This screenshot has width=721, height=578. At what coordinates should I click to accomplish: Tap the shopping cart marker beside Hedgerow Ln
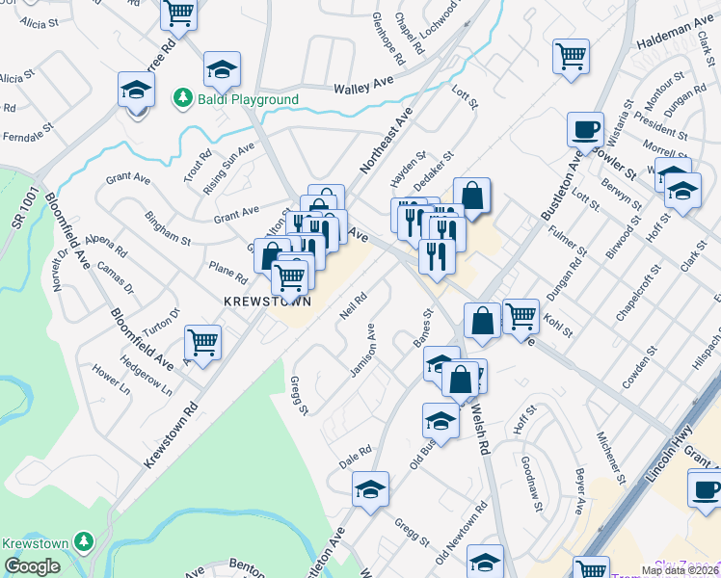[203, 342]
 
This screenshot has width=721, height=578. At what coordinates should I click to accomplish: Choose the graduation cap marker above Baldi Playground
[222, 68]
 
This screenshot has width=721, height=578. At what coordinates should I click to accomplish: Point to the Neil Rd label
[354, 306]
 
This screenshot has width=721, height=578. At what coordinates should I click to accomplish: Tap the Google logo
[32, 566]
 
